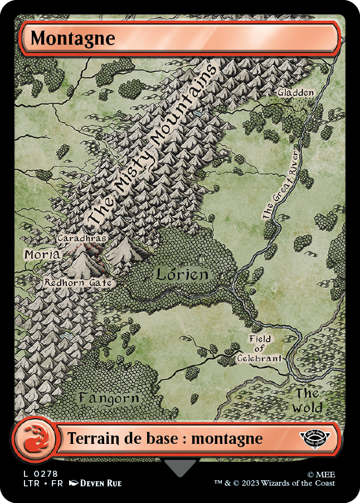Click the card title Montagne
point(72,38)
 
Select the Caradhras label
point(81,238)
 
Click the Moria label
point(42,254)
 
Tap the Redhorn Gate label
point(78,283)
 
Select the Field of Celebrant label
point(260,349)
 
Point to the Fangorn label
point(108,398)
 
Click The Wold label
point(308,400)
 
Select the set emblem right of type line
point(317,437)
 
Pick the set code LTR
point(31,483)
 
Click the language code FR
point(56,483)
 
